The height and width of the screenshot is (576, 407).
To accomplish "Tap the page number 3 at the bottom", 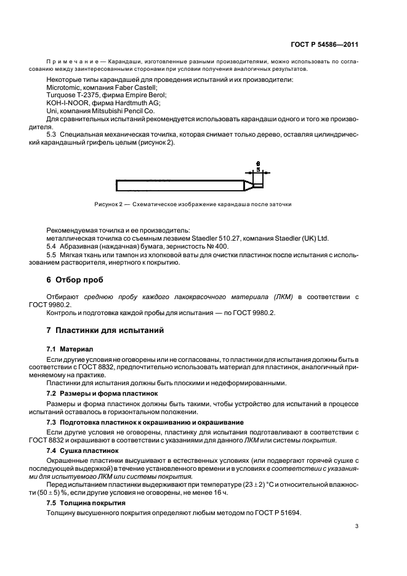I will click(x=357, y=526).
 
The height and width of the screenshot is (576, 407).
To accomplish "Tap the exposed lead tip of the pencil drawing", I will click(x=260, y=183).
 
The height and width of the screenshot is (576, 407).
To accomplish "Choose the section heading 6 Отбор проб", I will click(x=73, y=280).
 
